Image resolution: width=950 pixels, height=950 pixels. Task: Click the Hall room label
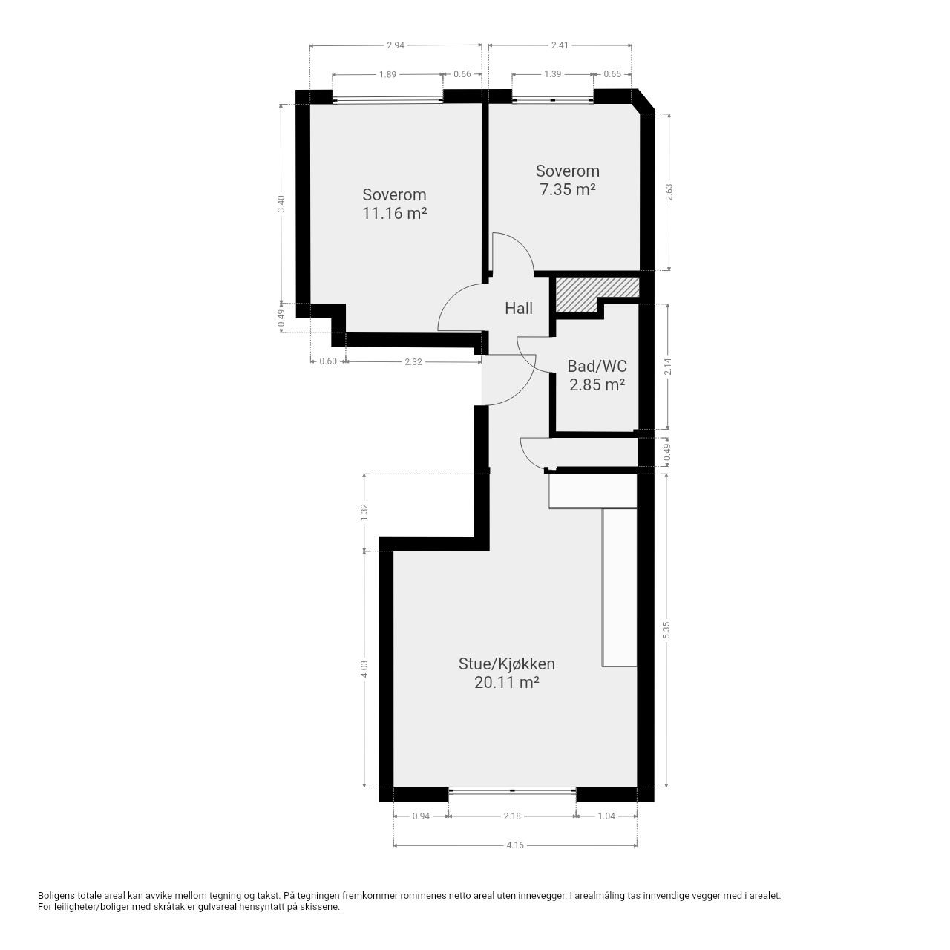[519, 309]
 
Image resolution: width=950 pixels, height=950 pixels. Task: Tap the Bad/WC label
[597, 366]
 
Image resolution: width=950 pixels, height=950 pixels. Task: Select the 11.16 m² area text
[394, 214]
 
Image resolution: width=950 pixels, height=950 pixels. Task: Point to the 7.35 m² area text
[568, 190]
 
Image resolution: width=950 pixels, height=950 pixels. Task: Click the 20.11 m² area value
[507, 682]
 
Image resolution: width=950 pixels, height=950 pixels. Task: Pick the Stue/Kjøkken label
[507, 664]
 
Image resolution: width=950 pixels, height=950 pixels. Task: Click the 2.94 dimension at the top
[396, 45]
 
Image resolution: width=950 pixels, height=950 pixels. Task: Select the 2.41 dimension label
[560, 45]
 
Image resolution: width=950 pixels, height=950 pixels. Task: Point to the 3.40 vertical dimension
[281, 203]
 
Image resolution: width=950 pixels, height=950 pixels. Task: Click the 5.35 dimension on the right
[666, 630]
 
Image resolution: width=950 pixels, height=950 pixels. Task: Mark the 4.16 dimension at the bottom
[515, 845]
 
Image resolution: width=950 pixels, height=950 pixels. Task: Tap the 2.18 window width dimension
[512, 816]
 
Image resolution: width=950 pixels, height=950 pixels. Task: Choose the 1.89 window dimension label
[387, 74]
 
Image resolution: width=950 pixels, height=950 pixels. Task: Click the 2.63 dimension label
[669, 192]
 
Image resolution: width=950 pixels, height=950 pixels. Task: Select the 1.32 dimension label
[364, 512]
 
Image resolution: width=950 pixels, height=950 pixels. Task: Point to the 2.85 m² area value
[597, 384]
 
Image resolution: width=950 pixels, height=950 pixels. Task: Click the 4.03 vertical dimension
[364, 669]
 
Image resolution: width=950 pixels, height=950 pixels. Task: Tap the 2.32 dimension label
[413, 362]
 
